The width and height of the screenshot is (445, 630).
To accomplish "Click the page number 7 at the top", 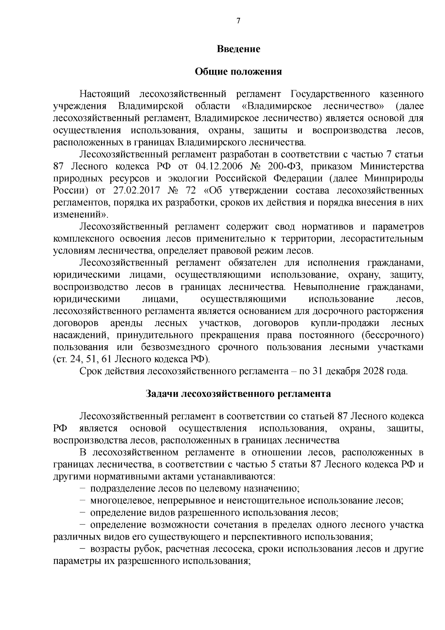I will click(238, 21).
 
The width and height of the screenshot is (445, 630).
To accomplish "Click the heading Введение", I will click(238, 49).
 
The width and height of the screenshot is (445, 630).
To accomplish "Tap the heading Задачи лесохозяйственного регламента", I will click(238, 394).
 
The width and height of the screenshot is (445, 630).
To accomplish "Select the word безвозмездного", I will click(175, 347).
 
